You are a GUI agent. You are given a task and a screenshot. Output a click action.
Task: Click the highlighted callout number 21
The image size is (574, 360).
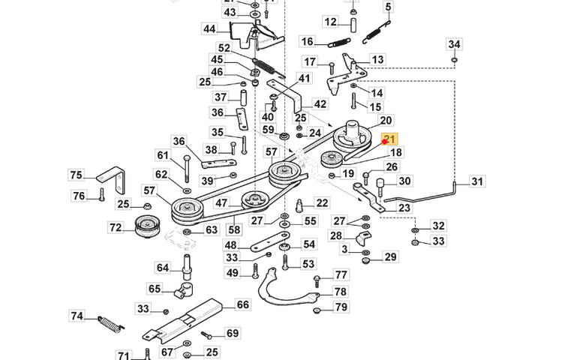pos(389,139)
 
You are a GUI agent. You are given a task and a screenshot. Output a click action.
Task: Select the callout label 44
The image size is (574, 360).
pos(209,29)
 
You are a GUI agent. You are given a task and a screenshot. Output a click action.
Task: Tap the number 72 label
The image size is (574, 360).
pos(115,226)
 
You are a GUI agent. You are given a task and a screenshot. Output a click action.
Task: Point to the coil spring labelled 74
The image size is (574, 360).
pos(111,325)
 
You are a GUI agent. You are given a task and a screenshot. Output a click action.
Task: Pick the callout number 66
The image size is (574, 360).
pos(242,304)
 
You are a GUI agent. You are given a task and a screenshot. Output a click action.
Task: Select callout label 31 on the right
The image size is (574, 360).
pos(478,181)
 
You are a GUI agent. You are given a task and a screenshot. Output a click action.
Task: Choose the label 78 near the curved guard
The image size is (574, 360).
pos(341,291)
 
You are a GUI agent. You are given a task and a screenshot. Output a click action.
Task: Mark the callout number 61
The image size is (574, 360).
pos(163,155)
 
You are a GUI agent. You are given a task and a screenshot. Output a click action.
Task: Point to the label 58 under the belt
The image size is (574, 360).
pos(234,230)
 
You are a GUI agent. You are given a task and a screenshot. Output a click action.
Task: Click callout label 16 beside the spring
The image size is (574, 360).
pos(307,41)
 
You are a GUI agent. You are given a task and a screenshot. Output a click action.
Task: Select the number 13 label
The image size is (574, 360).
pos(377,59)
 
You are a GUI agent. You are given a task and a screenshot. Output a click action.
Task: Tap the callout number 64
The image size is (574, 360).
pos(163,267)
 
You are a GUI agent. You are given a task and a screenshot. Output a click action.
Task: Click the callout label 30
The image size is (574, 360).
pos(404,181)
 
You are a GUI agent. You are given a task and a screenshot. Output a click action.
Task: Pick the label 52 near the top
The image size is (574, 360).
pos(224,48)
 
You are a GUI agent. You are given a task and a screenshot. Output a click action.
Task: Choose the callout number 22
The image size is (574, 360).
pos(322,203)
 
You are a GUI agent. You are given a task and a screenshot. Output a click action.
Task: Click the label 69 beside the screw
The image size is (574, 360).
pos(232,333)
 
